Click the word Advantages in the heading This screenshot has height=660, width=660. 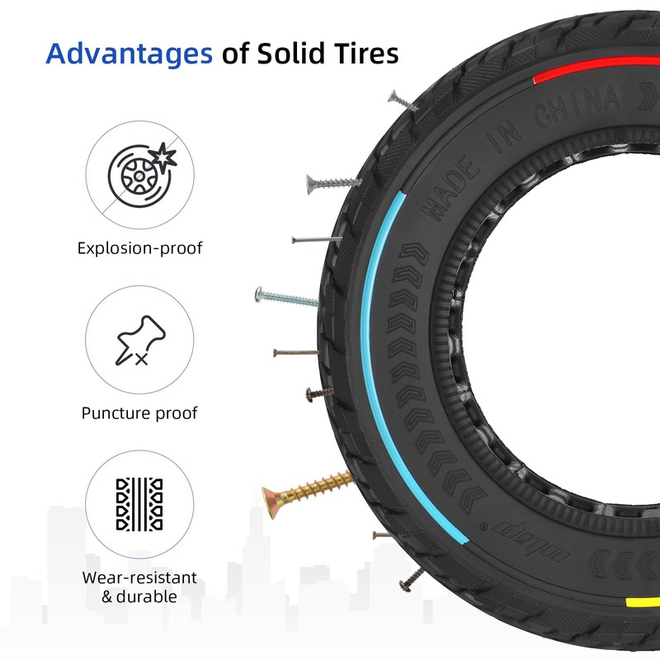click(128, 54)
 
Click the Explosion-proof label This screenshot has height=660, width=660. click(140, 247)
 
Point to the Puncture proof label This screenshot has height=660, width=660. click(140, 412)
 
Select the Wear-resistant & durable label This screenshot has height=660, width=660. click(140, 587)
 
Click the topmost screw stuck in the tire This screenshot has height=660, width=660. click(402, 101)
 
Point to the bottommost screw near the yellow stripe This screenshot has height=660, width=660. click(411, 577)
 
